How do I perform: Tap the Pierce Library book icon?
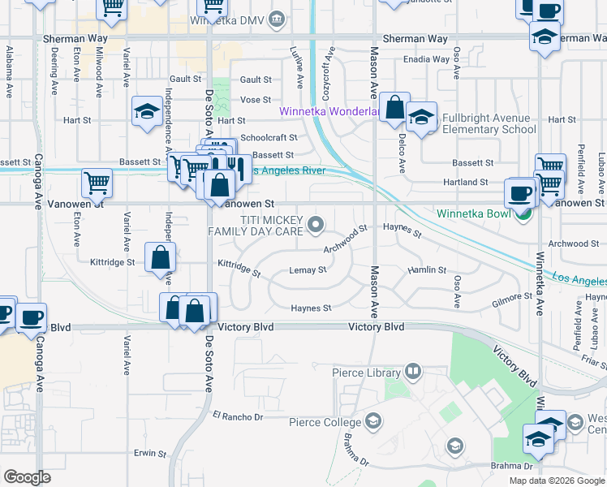click(x=413, y=373)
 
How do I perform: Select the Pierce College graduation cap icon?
click(x=372, y=420)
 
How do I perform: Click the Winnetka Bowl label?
click(x=471, y=214)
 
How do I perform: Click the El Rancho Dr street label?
click(x=238, y=417)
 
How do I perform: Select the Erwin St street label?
click(x=150, y=454)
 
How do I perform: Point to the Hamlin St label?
click(x=427, y=269)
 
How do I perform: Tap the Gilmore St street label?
click(x=511, y=301)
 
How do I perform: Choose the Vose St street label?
click(x=255, y=99)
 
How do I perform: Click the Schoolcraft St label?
click(x=269, y=138)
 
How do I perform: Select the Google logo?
click(x=27, y=477)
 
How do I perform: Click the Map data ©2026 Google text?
click(x=556, y=481)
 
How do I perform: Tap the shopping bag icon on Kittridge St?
click(x=161, y=257)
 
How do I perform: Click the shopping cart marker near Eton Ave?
click(x=97, y=183)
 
